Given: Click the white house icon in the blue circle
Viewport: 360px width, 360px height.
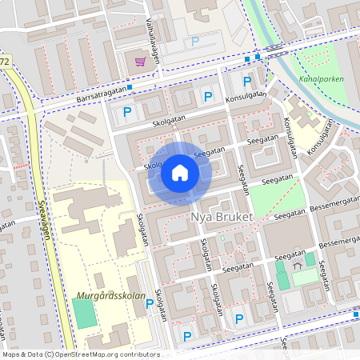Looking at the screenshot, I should click(x=180, y=173).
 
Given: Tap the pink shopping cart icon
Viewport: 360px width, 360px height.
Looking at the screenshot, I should click(x=141, y=62).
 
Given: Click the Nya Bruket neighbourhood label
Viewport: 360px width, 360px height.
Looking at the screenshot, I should click(x=222, y=217).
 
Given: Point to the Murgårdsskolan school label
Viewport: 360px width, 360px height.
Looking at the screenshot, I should click(x=112, y=296).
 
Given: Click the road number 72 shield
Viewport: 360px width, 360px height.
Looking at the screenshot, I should click(x=5, y=62).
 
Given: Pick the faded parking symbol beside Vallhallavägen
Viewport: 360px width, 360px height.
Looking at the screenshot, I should click(x=194, y=42).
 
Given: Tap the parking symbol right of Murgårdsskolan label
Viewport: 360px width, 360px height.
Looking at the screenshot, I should click(x=150, y=303).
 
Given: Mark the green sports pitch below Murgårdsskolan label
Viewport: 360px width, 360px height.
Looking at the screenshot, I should click(x=85, y=314).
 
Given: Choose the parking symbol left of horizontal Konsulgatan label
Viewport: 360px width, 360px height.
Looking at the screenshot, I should click(x=208, y=97).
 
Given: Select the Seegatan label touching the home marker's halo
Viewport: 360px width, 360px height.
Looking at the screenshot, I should click(x=209, y=150).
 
